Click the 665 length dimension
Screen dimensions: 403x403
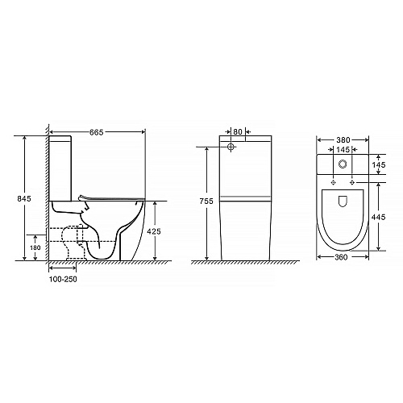click(97, 132)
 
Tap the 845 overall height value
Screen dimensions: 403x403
click(24, 199)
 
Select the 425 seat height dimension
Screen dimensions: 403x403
click(154, 231)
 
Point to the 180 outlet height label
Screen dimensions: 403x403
click(35, 247)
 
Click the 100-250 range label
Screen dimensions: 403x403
click(63, 280)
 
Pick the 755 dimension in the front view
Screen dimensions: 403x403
click(206, 201)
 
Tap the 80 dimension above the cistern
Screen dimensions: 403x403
click(238, 132)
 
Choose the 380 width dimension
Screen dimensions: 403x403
click(343, 140)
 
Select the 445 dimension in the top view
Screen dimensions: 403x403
click(379, 217)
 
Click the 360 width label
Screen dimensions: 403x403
click(341, 257)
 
